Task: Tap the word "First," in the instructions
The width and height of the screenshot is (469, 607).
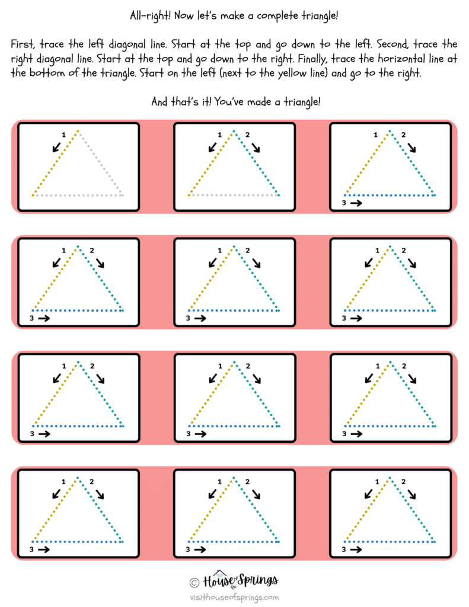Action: point(24,44)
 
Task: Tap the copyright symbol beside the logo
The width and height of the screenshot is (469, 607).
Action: point(194,582)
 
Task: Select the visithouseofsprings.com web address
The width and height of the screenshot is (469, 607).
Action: point(234,598)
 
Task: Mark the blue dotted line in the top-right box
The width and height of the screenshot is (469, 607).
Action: point(390,195)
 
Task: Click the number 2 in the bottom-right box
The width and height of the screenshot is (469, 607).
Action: point(404,482)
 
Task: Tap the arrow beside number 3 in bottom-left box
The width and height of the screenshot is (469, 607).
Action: point(43,550)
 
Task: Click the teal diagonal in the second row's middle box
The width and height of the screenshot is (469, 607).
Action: point(256,279)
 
